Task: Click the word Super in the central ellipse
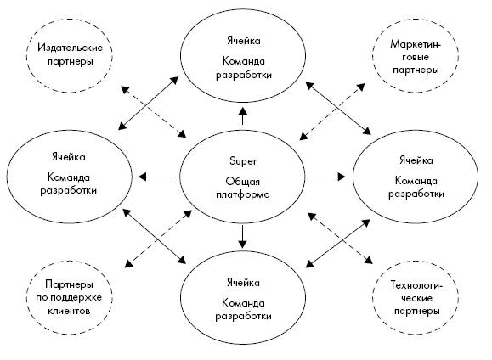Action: [243, 160]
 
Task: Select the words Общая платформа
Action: [243, 188]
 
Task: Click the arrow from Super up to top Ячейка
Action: [242, 115]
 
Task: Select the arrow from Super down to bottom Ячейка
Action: [242, 236]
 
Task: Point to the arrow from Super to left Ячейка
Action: [157, 177]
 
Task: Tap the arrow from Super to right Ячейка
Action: [326, 177]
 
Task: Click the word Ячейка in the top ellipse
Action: [243, 41]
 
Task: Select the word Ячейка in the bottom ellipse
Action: [243, 283]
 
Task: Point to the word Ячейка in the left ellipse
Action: [68, 157]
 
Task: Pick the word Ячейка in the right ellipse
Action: [416, 160]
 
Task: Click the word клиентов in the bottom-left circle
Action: [69, 311]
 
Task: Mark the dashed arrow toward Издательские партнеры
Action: [154, 112]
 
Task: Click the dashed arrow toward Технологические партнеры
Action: [341, 238]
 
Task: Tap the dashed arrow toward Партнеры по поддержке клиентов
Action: [158, 239]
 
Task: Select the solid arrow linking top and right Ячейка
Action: [338, 108]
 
